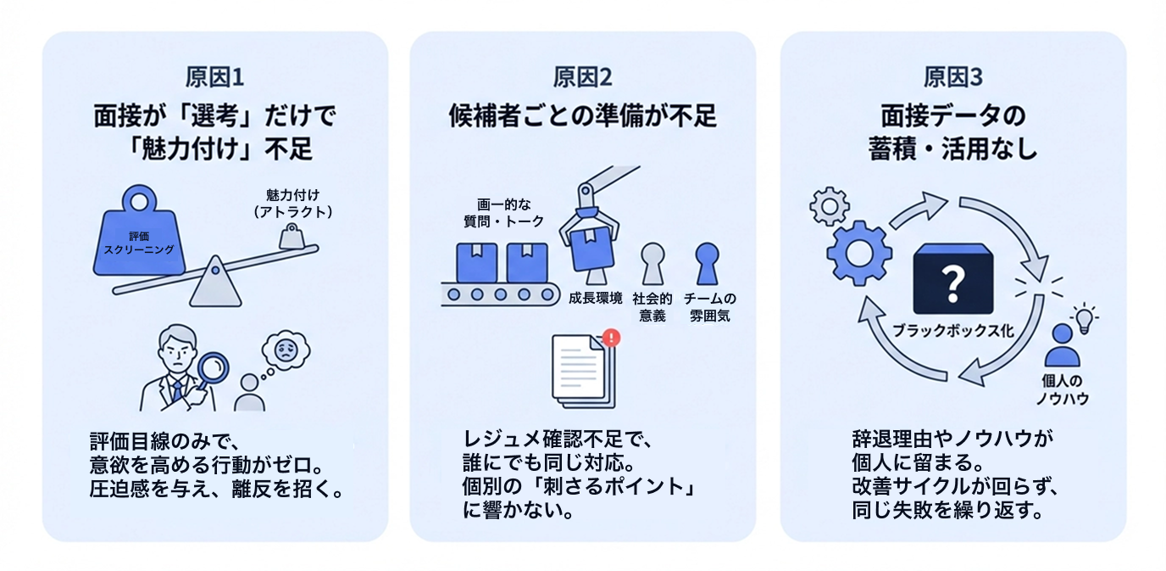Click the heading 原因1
[x=214, y=78]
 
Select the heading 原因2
[x=582, y=78]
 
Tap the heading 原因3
[x=952, y=78]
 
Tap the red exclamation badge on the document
[x=613, y=338]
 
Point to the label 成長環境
[x=596, y=299]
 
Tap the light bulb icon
[x=1084, y=317]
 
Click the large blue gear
[x=858, y=252]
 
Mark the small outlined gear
[x=829, y=205]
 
